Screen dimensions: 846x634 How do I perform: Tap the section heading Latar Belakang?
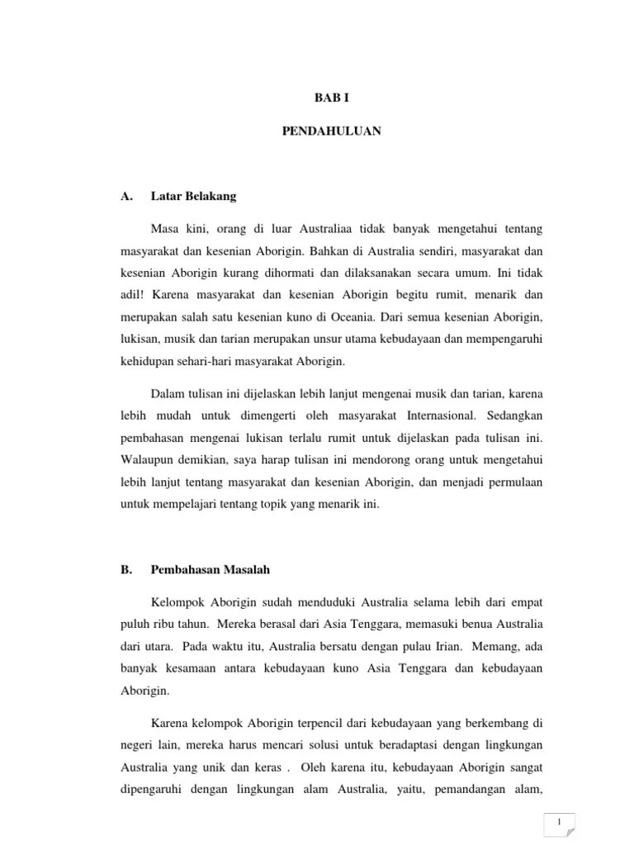pyautogui.click(x=193, y=196)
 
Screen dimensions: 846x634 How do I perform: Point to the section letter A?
pyautogui.click(x=126, y=196)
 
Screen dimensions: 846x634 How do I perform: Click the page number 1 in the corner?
pyautogui.click(x=560, y=823)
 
